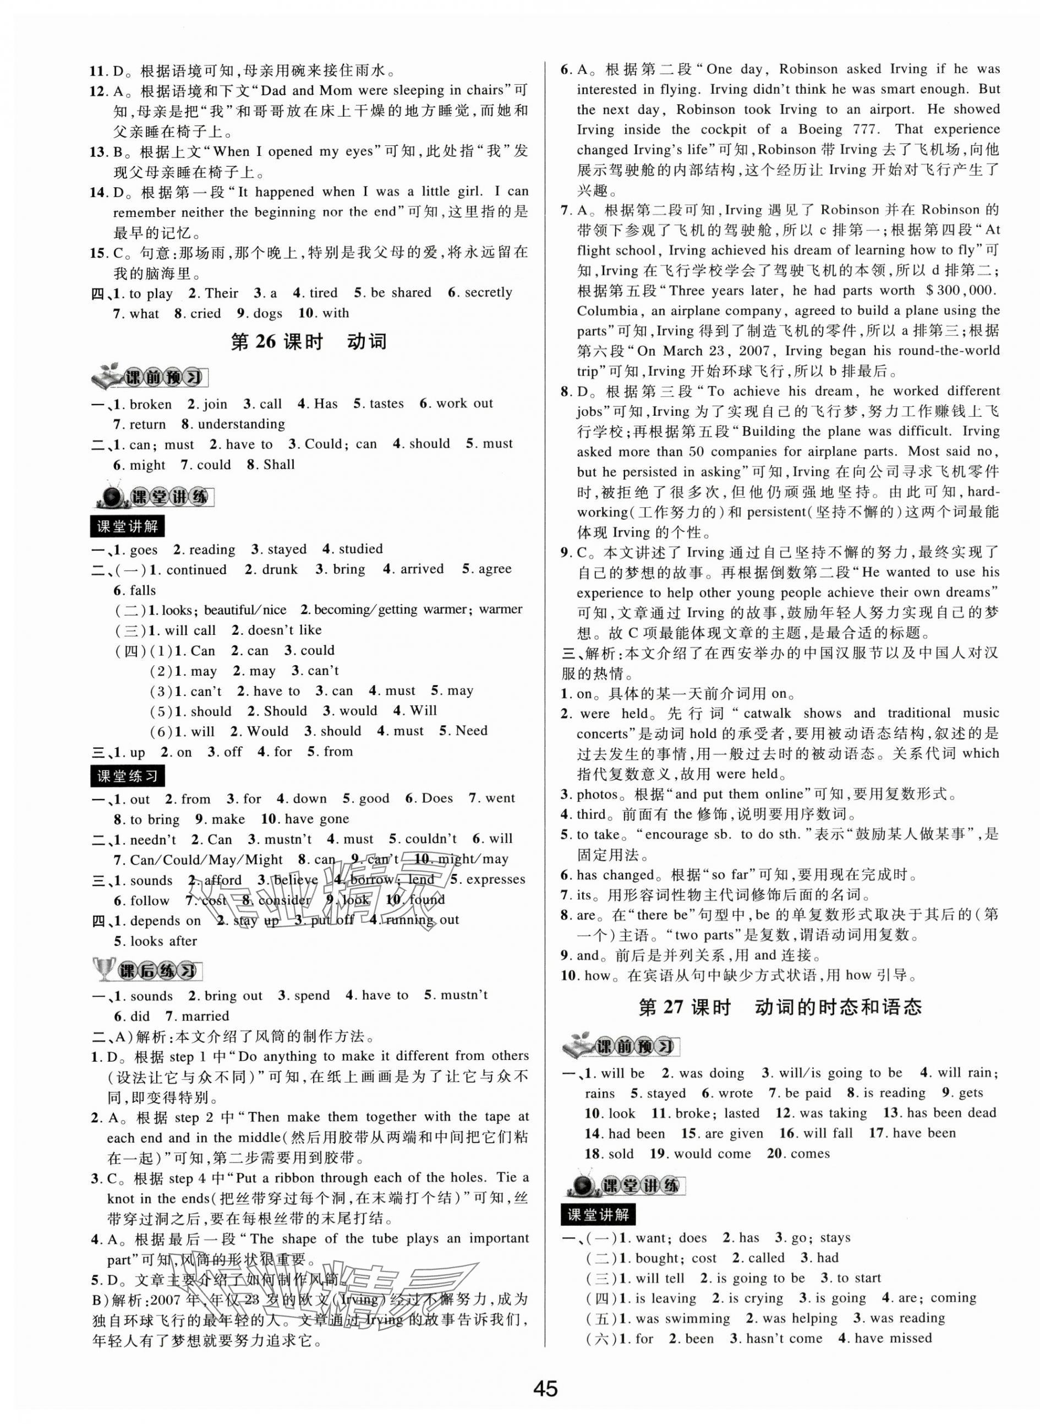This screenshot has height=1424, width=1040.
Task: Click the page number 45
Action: click(545, 1389)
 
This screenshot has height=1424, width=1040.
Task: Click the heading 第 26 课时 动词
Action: click(309, 342)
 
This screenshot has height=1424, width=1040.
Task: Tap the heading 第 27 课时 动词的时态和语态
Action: click(780, 1007)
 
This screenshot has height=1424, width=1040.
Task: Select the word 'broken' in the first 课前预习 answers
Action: click(150, 404)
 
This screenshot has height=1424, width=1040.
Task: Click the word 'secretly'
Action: click(488, 293)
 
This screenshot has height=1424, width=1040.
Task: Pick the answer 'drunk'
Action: click(280, 570)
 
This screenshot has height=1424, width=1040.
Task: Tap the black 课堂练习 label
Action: click(127, 776)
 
